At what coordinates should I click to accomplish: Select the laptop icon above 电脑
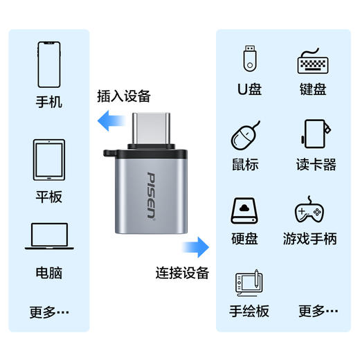pyautogui.click(x=49, y=236)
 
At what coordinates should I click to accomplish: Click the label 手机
pyautogui.click(x=49, y=102)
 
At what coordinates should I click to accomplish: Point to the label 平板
pyautogui.click(x=49, y=197)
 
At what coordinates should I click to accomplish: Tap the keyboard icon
pyautogui.click(x=311, y=62)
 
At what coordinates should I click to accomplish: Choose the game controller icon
pyautogui.click(x=309, y=210)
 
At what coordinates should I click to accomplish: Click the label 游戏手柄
pyautogui.click(x=309, y=239)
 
